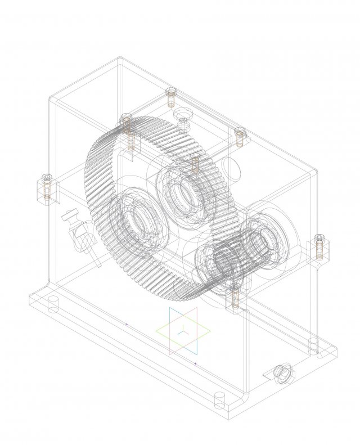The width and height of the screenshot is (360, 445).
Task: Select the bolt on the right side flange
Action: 319,246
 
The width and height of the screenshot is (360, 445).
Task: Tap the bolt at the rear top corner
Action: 172,97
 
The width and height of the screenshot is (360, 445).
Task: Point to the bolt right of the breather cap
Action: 240,136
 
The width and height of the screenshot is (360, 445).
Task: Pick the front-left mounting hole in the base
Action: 53,304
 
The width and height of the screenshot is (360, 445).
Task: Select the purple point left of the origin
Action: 127,325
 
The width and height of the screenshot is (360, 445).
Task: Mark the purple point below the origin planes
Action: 195,364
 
